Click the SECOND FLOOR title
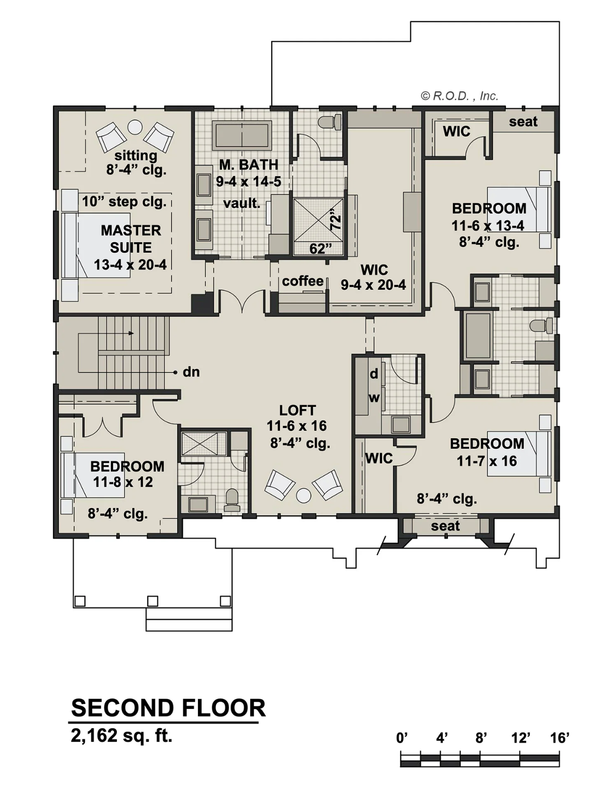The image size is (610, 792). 168,708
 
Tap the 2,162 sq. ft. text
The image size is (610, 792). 121,735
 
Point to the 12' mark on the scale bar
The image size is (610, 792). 520,738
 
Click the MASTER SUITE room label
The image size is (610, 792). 131,239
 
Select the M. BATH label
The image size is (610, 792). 249,165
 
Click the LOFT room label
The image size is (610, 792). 297,410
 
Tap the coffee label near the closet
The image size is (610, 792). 303,281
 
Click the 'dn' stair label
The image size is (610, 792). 191,372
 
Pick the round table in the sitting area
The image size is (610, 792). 135,127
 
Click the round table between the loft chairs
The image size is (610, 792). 304,495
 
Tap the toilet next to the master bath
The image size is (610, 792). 331,121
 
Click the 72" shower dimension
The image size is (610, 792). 335,222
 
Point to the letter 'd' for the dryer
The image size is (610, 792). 374,374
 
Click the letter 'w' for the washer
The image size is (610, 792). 374,397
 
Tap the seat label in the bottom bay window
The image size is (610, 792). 445,526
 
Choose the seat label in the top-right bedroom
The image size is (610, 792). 523,121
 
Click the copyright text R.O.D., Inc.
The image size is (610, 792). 460,96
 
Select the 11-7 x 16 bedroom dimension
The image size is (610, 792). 487,461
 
